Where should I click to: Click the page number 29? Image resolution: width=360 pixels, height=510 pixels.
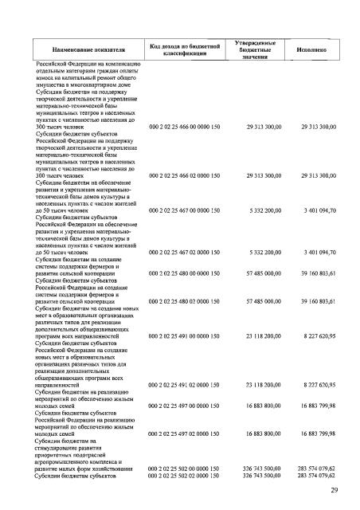[x=336, y=488]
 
